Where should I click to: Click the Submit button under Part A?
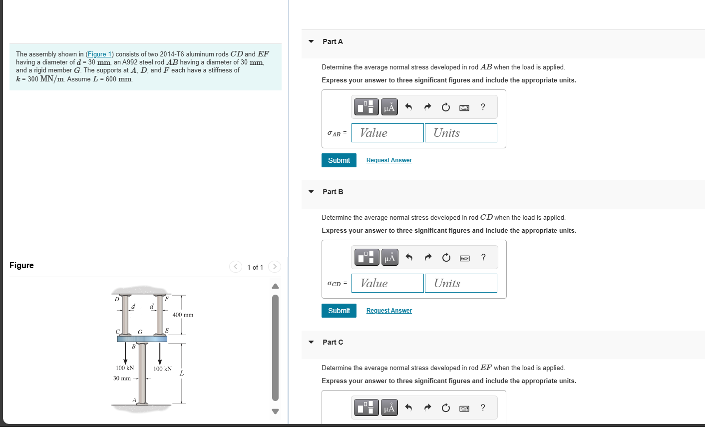point(339,160)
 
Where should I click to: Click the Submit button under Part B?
point(339,311)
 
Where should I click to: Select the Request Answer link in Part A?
point(389,160)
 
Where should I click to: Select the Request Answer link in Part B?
point(389,311)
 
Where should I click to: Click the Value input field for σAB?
point(387,133)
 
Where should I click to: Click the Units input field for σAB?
point(461,133)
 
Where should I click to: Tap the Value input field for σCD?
point(387,283)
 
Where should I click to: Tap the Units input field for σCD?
point(461,283)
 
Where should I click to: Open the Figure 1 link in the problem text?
point(99,54)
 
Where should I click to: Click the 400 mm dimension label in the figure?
point(183,315)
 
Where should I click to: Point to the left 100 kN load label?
point(125,368)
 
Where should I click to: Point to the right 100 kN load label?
point(162,369)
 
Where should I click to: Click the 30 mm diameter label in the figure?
point(122,378)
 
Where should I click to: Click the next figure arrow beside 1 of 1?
point(274,267)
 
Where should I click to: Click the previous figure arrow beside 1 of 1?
point(236,267)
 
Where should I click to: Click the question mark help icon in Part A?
point(482,107)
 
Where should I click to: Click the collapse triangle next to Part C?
point(311,342)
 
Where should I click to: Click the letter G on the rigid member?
point(140,332)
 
